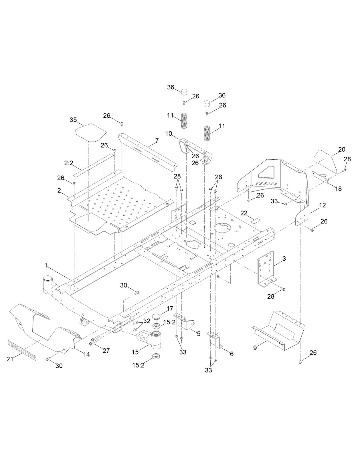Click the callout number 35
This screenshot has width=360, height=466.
coord(73,120)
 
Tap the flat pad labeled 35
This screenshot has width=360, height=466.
coord(91,132)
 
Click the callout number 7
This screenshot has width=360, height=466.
coord(157,140)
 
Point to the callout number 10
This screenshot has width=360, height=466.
coord(169,133)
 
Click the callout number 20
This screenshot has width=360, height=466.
coord(341,149)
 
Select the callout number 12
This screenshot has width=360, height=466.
coord(323,205)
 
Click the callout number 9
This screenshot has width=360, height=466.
coord(255,348)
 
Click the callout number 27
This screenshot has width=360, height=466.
coord(106,350)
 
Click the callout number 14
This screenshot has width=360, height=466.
coord(86,354)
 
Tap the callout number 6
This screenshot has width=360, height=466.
coord(232,354)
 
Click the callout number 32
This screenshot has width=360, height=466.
coord(147,321)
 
